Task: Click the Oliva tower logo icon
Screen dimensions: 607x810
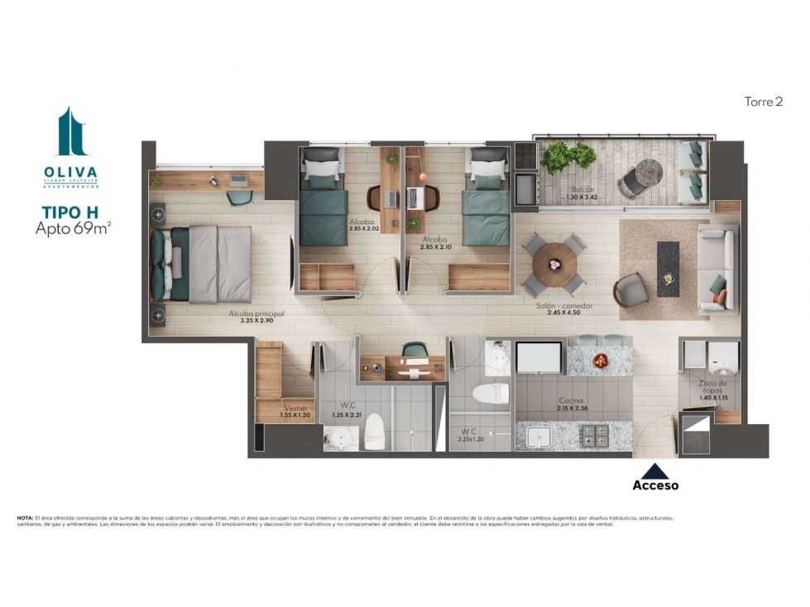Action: [x=71, y=131]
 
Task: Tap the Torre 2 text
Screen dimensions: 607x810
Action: [x=763, y=102]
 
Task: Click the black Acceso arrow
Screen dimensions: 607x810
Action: [x=655, y=471]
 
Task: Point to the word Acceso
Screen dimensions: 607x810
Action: [x=655, y=485]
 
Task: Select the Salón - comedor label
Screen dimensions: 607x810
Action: [x=564, y=305]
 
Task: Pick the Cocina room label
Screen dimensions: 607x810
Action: [x=572, y=399]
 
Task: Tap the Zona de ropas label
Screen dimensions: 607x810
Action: [x=712, y=387]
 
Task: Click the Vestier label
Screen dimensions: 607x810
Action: [x=295, y=408]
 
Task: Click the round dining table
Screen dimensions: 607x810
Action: [x=554, y=262]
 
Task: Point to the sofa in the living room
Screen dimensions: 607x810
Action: [x=716, y=269]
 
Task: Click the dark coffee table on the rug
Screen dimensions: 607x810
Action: [x=668, y=269]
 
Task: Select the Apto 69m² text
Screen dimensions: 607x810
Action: [x=73, y=229]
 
